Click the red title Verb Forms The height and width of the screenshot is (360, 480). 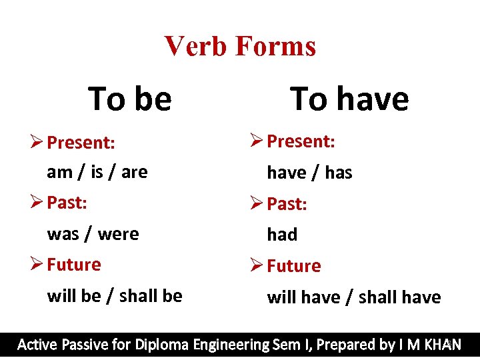coord(240,46)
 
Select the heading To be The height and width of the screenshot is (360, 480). coord(130,99)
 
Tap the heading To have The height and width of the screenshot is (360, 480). coord(349,99)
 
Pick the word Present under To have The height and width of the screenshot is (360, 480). coord(301,141)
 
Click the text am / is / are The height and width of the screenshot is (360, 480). coord(97,172)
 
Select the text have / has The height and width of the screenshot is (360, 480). coord(309,173)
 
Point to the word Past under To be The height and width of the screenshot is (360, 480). coord(67,203)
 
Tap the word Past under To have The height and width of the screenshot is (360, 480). coord(287,204)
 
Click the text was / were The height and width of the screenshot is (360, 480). coord(93,234)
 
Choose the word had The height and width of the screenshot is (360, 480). coord(282,235)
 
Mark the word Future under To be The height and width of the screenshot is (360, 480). coord(74,265)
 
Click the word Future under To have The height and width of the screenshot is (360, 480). coord(294,266)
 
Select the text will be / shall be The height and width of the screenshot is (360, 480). coord(115,295)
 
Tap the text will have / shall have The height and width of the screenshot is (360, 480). coord(354,297)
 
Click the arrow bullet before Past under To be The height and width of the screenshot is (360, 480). coord(37,202)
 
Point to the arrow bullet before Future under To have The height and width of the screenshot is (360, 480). coord(257,265)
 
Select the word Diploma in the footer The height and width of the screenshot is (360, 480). coord(163,345)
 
